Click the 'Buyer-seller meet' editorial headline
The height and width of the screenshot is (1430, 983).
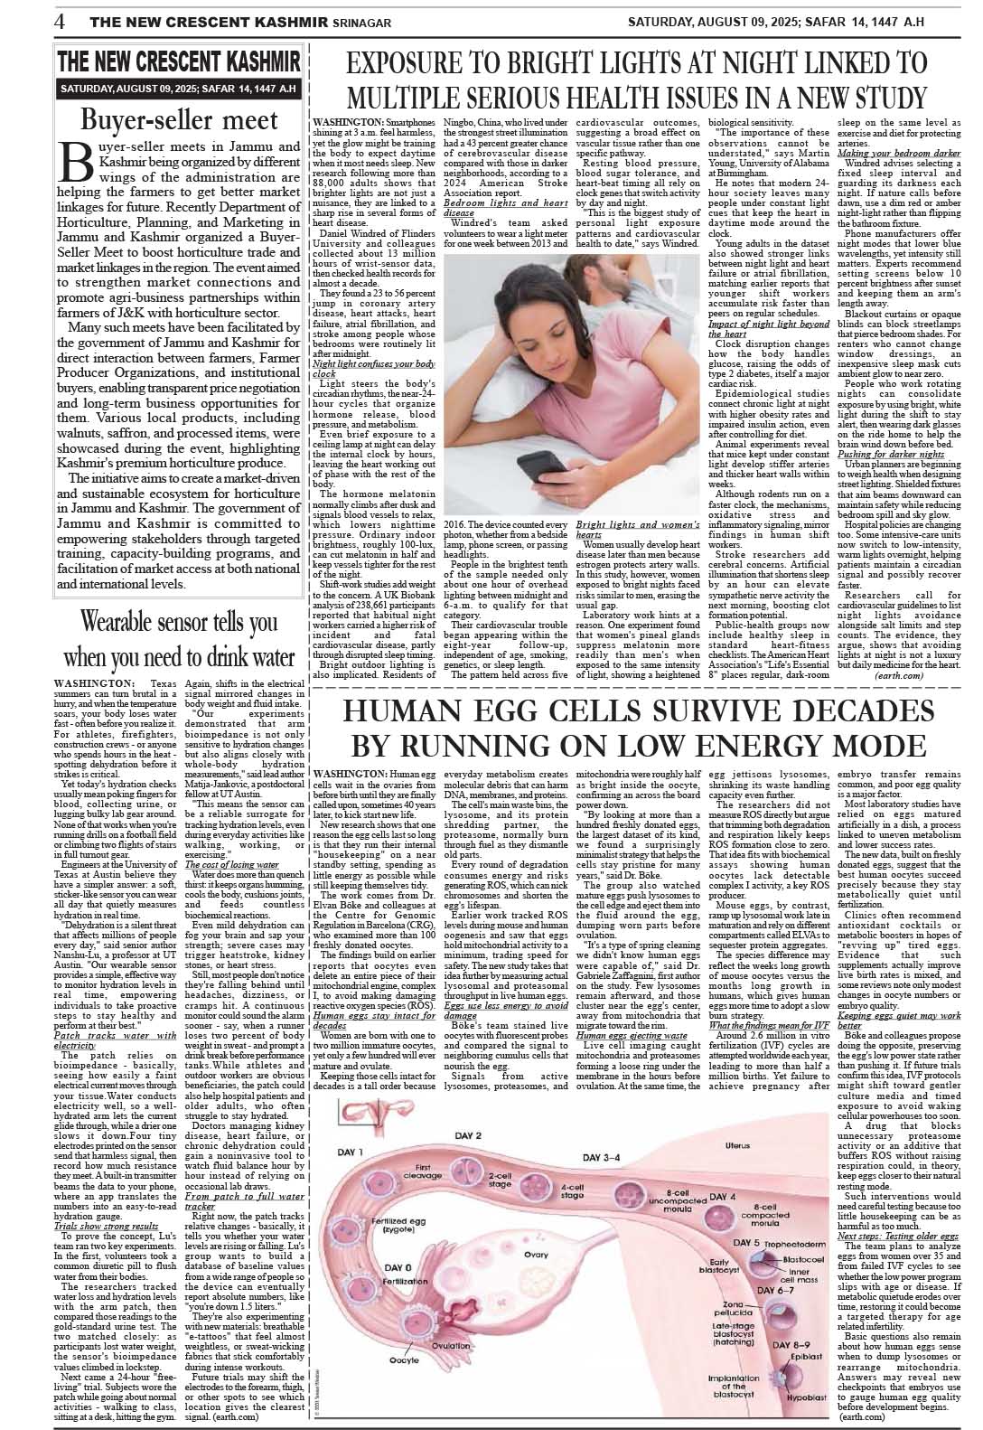coord(179,119)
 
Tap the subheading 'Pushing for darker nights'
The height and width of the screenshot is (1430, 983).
coord(885,455)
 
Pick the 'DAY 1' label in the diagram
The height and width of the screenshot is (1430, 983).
coord(351,1152)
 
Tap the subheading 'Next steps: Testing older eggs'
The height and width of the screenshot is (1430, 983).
coord(885,1237)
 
